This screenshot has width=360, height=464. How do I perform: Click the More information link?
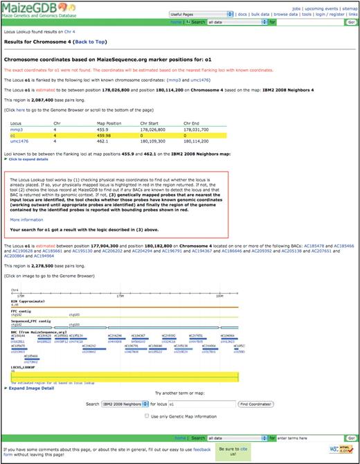[26, 219]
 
